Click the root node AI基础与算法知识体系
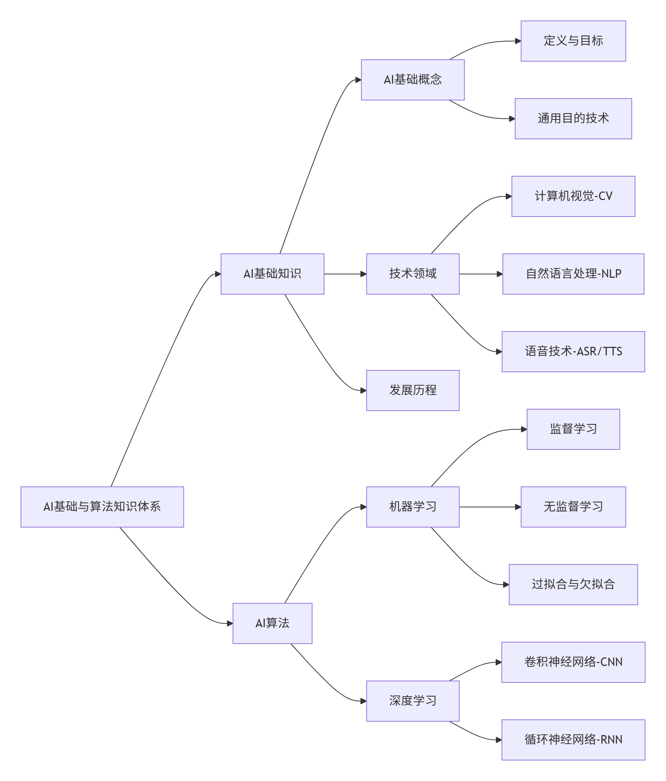click(102, 507)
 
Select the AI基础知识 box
click(272, 274)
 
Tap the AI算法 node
click(272, 623)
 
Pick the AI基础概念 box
click(413, 80)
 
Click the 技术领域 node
click(413, 274)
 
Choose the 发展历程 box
click(413, 390)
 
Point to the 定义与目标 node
click(573, 41)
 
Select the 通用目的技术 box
click(573, 118)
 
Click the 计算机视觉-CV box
click(573, 196)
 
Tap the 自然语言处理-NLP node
click(573, 274)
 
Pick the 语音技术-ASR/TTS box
click(573, 351)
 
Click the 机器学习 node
click(413, 507)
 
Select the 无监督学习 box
click(573, 507)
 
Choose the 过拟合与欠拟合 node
click(573, 584)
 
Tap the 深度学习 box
click(413, 701)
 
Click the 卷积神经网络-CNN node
click(573, 662)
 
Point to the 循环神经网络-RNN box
click(573, 740)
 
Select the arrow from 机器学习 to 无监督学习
click(489, 507)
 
